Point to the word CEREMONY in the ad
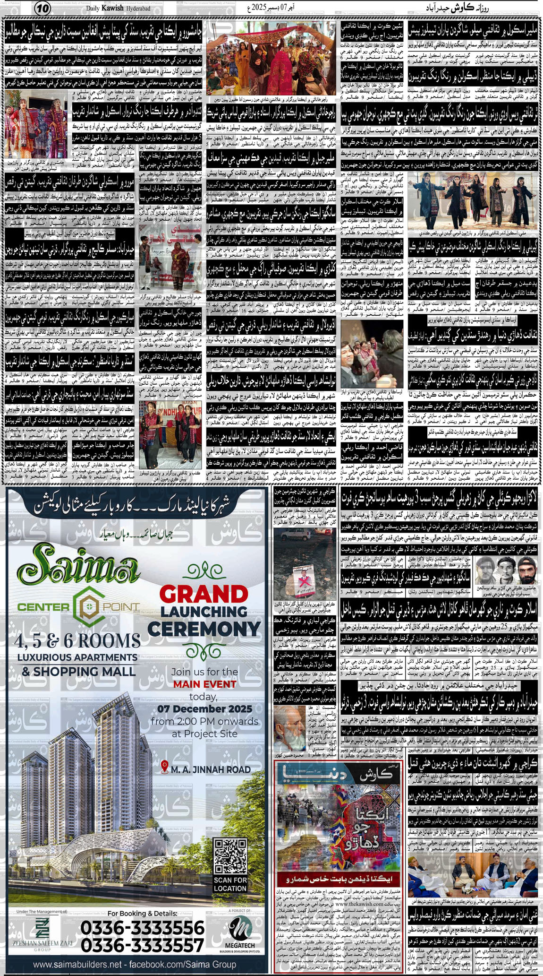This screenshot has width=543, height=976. pos(204,629)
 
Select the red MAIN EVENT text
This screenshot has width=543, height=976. pos(204,684)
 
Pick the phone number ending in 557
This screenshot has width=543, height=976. pos(143,945)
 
